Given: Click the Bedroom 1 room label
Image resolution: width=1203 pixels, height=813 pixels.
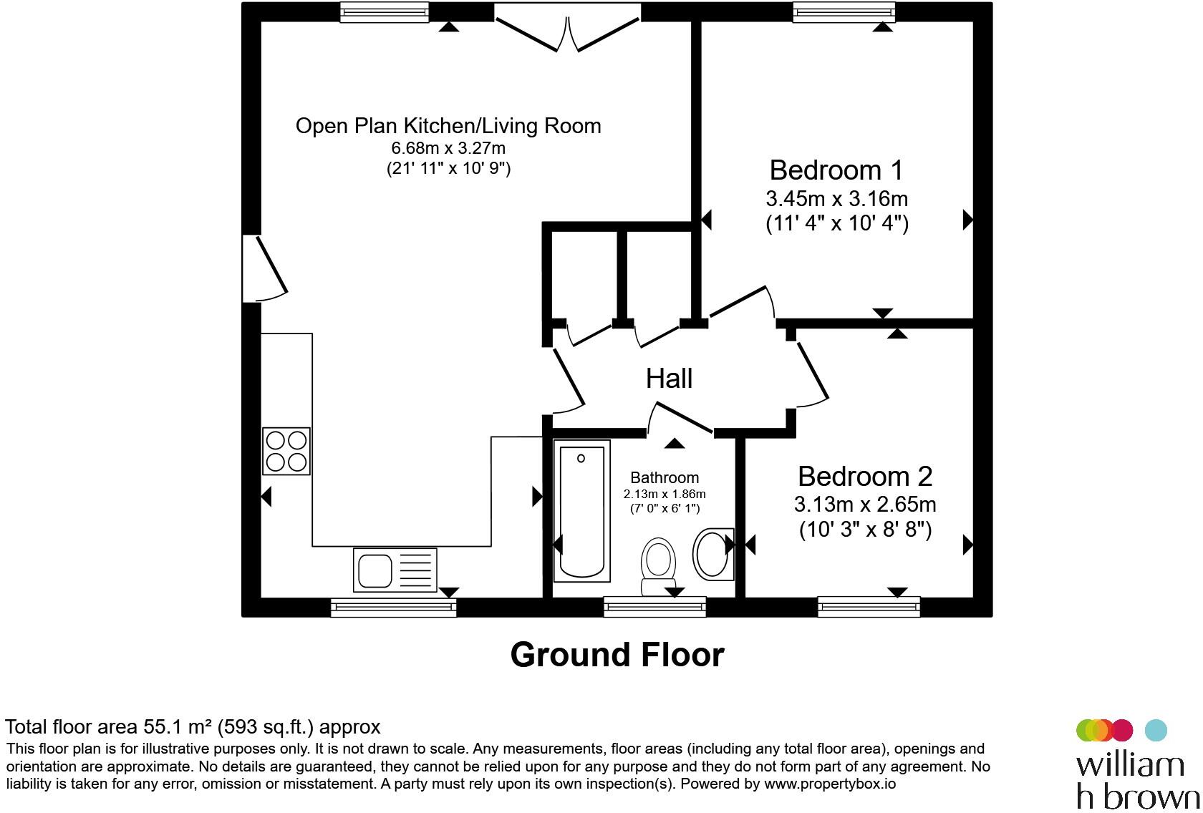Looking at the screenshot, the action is [x=836, y=170].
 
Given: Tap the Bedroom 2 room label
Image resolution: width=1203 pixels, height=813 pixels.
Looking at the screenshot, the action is [x=865, y=476].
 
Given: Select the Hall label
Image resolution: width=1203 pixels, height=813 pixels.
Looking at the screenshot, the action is [x=669, y=379].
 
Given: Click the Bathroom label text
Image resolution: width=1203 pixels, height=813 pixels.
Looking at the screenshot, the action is [x=665, y=477].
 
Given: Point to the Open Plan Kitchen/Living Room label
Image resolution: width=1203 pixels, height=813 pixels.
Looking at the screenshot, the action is [x=448, y=126].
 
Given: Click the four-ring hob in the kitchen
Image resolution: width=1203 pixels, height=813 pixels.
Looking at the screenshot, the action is [x=286, y=452].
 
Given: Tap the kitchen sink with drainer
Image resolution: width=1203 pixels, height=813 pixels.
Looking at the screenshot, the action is [x=395, y=570].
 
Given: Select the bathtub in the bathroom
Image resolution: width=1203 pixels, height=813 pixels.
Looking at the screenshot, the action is [x=581, y=511].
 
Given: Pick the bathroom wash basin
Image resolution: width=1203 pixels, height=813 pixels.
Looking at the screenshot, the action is [x=713, y=555].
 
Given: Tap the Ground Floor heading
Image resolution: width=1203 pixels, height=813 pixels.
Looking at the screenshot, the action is [x=617, y=655].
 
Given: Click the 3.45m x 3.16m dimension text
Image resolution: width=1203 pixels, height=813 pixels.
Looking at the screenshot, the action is [x=836, y=199].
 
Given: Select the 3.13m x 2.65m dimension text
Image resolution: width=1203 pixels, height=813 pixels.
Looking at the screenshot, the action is [x=865, y=505].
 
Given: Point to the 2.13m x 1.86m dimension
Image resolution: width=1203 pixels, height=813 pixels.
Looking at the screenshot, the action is [x=665, y=494].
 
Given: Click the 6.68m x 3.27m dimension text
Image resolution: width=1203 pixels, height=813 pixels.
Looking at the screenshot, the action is [x=448, y=147].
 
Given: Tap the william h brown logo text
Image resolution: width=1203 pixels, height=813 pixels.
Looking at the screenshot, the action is [x=1137, y=782].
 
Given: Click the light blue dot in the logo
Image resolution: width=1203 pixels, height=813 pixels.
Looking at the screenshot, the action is [x=1156, y=731].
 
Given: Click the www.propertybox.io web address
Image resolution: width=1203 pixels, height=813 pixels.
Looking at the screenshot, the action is [x=830, y=784].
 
